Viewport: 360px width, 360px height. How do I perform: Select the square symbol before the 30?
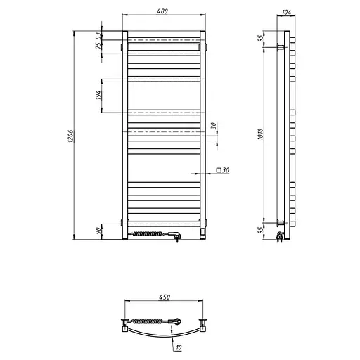tap(219, 170)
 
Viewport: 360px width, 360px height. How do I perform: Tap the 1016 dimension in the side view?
tap(260, 135)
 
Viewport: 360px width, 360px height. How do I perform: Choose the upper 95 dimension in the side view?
tap(260, 38)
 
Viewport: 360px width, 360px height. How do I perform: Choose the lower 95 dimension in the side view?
tap(260, 229)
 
